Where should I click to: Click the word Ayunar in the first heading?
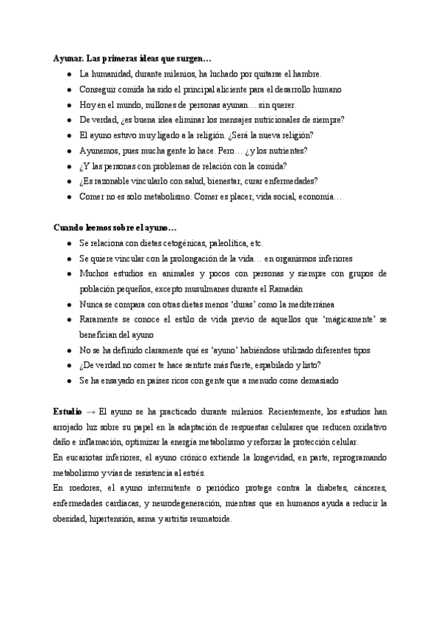(65, 58)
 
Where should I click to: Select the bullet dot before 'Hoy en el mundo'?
(68, 104)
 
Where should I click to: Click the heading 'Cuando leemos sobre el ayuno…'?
(115, 228)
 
